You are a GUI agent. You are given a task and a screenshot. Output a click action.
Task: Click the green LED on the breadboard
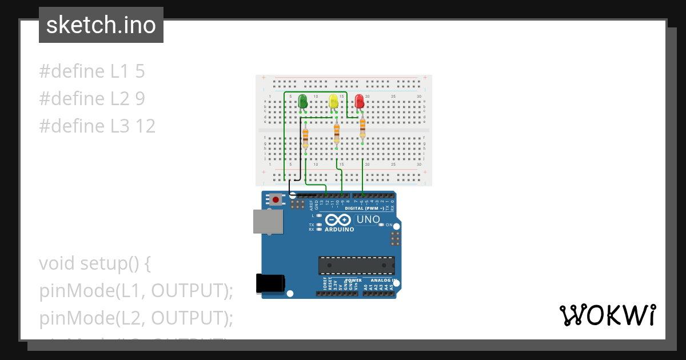coord(303,102)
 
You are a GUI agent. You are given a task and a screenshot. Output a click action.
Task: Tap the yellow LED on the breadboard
coord(334,102)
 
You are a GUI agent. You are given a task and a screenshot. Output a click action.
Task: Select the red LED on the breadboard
coord(360,102)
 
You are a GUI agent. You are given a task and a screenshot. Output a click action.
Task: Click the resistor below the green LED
coord(305,137)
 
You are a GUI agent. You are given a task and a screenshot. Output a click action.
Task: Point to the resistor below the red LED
coord(362,128)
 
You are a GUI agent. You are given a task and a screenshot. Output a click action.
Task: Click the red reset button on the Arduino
coord(276,200)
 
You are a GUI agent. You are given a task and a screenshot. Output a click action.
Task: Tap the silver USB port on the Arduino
coord(268,221)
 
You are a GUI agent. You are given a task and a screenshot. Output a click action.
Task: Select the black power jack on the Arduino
coord(270,283)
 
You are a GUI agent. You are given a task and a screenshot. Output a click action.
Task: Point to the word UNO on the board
coord(368,219)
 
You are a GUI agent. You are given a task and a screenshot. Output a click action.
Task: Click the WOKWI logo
coord(607,315)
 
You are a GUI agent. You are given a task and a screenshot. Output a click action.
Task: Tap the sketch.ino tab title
coord(101,25)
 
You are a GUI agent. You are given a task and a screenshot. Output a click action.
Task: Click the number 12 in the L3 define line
coord(145,126)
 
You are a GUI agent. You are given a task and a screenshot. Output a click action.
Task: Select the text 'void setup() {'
coord(95,263)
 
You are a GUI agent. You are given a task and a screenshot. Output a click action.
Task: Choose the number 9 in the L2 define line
coord(140,99)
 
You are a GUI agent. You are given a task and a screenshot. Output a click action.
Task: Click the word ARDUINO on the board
coord(339,230)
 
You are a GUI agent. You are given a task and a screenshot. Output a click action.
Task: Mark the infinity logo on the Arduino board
coord(338,220)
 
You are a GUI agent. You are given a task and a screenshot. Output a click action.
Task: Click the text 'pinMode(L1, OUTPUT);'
coord(137,291)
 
